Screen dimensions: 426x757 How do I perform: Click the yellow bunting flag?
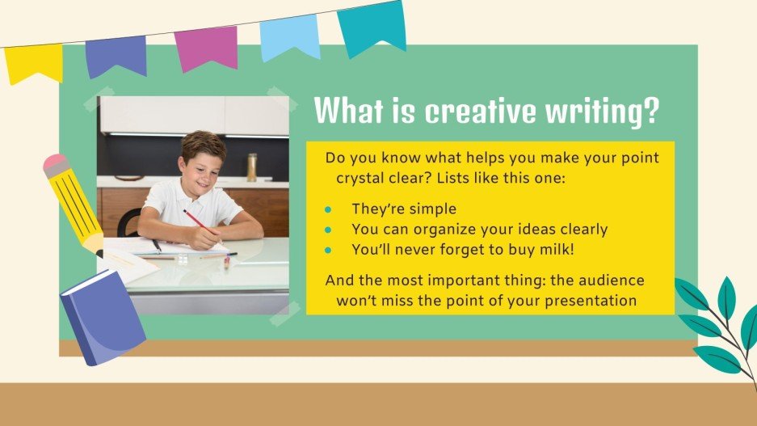tap(33, 63)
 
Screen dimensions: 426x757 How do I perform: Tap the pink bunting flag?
tap(206, 48)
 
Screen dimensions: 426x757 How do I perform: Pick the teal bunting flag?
tap(372, 27)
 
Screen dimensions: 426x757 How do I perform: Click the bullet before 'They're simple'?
tap(328, 209)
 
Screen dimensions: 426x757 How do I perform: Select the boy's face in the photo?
tap(198, 162)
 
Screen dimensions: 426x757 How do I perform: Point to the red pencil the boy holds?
tap(202, 226)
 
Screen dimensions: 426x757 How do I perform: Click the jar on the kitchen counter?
tap(252, 167)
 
